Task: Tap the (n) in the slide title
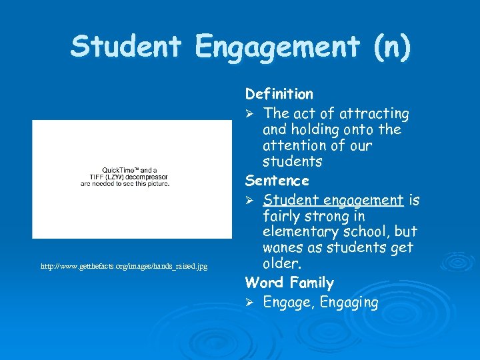(391, 47)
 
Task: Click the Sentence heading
(277, 181)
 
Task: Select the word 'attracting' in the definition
(376, 113)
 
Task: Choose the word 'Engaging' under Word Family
(349, 303)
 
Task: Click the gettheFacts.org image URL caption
(124, 266)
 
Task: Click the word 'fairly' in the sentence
(282, 216)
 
